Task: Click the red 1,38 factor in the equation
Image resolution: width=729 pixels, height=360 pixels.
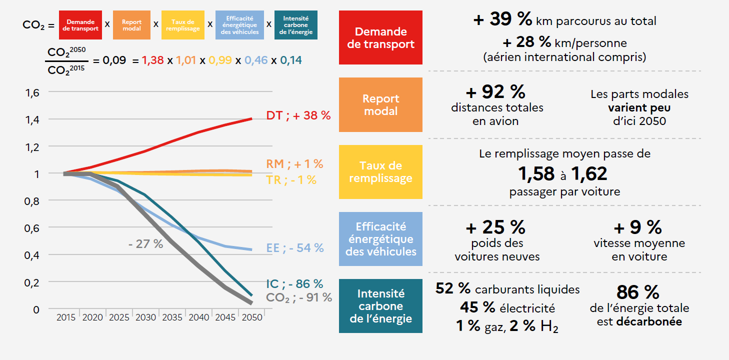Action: [x=152, y=60]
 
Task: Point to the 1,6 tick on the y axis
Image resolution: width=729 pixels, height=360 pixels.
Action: [x=32, y=92]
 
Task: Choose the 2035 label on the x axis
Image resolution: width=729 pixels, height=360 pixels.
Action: [x=172, y=317]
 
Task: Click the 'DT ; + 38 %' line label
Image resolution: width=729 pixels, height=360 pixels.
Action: [x=298, y=115]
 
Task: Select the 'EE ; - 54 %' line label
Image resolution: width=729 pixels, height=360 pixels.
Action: [x=295, y=247]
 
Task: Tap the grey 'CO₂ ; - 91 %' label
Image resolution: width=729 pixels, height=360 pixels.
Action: [x=299, y=297]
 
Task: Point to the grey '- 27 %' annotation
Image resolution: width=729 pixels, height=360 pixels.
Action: [x=145, y=244]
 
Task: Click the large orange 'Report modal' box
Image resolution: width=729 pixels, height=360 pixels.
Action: [x=380, y=104]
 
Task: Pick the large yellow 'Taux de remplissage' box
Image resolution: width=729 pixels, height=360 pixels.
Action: [x=380, y=172]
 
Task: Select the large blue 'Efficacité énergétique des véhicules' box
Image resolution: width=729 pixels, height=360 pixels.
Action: [x=380, y=239]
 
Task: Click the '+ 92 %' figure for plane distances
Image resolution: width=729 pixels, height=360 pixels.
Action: [x=495, y=92]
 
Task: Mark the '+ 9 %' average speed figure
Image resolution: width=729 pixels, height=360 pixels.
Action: [x=637, y=227]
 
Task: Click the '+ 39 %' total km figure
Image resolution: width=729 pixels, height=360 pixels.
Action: [x=502, y=20]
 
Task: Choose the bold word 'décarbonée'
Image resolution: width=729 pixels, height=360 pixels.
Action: [x=649, y=321]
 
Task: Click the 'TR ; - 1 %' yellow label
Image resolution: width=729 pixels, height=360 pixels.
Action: [x=291, y=180]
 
